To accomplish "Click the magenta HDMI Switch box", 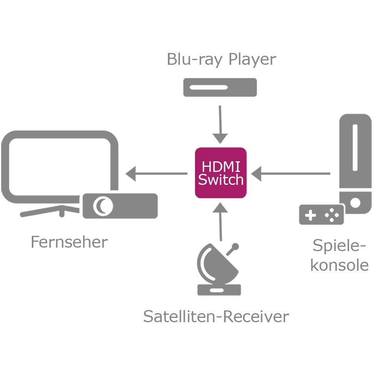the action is [x=221, y=173].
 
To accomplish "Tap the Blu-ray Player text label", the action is [x=221, y=59].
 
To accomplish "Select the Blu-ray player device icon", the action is [x=220, y=87].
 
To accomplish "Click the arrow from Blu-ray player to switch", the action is [x=220, y=124].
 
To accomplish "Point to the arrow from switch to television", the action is [x=157, y=173].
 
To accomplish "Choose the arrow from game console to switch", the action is [x=291, y=173].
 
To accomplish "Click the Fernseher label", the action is [x=69, y=242].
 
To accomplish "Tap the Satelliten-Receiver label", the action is [x=216, y=316].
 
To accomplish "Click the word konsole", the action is [x=339, y=265].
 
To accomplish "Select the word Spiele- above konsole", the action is [x=339, y=246].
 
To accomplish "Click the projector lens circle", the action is [x=103, y=206].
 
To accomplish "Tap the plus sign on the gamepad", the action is [x=310, y=215].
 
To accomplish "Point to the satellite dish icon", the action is [x=217, y=270].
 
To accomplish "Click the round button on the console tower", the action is [x=355, y=203].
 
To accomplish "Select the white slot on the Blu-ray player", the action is [x=208, y=87].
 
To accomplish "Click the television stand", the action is [x=50, y=211].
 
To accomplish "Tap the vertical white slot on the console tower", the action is [x=355, y=148].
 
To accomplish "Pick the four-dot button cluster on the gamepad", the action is [x=332, y=215].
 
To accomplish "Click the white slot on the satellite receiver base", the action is [x=217, y=290].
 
